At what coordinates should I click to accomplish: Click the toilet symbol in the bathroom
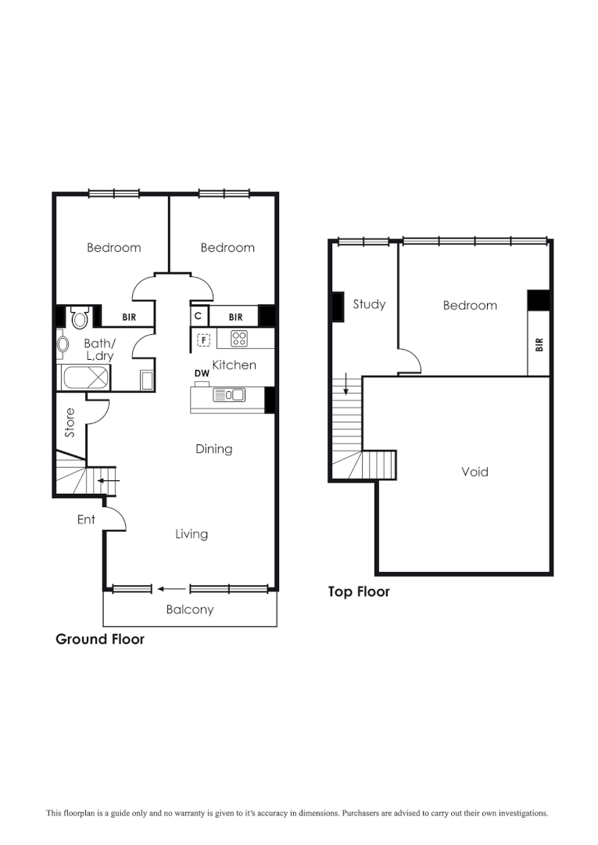(x=79, y=318)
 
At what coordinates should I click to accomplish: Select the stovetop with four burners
(x=239, y=339)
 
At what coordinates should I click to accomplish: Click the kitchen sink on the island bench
(x=229, y=395)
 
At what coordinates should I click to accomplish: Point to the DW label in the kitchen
(x=202, y=374)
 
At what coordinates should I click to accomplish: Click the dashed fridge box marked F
(x=203, y=340)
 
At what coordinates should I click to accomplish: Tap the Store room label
(x=70, y=422)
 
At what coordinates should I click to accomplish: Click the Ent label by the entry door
(x=86, y=520)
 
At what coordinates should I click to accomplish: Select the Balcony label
(x=189, y=609)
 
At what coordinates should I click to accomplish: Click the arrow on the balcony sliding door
(x=171, y=589)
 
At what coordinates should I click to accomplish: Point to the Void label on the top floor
(x=474, y=472)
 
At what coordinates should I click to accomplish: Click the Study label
(x=369, y=304)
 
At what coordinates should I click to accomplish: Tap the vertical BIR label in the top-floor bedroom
(x=539, y=344)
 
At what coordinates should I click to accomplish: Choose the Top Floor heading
(x=359, y=592)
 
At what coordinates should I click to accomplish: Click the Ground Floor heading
(x=100, y=639)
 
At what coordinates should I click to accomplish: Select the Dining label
(x=213, y=449)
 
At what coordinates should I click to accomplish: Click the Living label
(x=192, y=534)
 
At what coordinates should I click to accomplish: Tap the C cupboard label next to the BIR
(x=199, y=316)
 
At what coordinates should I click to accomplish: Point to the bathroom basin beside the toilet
(x=62, y=343)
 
